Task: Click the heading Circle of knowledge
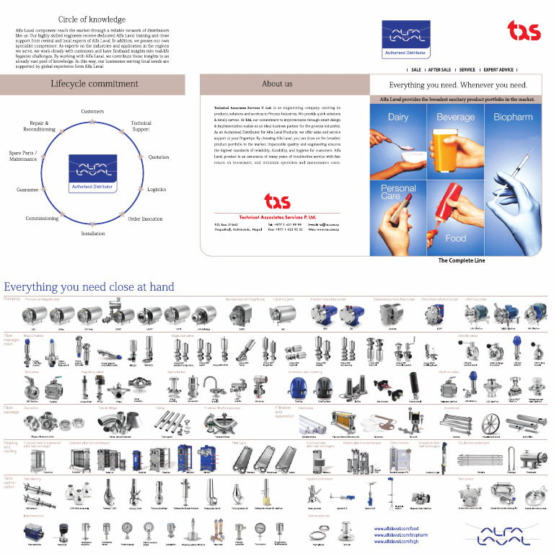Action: pos(92,19)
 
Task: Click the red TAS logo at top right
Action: pos(523,30)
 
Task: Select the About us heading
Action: pos(277,84)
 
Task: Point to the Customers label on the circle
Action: pos(92,112)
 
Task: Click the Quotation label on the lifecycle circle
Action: pos(159,157)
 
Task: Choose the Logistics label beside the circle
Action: pos(157,190)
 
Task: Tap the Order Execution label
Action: pos(145,219)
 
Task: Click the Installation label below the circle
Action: pos(92,234)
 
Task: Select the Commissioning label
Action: pos(42,219)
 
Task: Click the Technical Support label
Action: pos(141,126)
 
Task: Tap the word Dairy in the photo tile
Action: pos(398,117)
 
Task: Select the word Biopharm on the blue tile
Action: pos(513,117)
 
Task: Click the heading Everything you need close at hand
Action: pos(89,287)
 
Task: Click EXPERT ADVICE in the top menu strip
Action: pos(498,70)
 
